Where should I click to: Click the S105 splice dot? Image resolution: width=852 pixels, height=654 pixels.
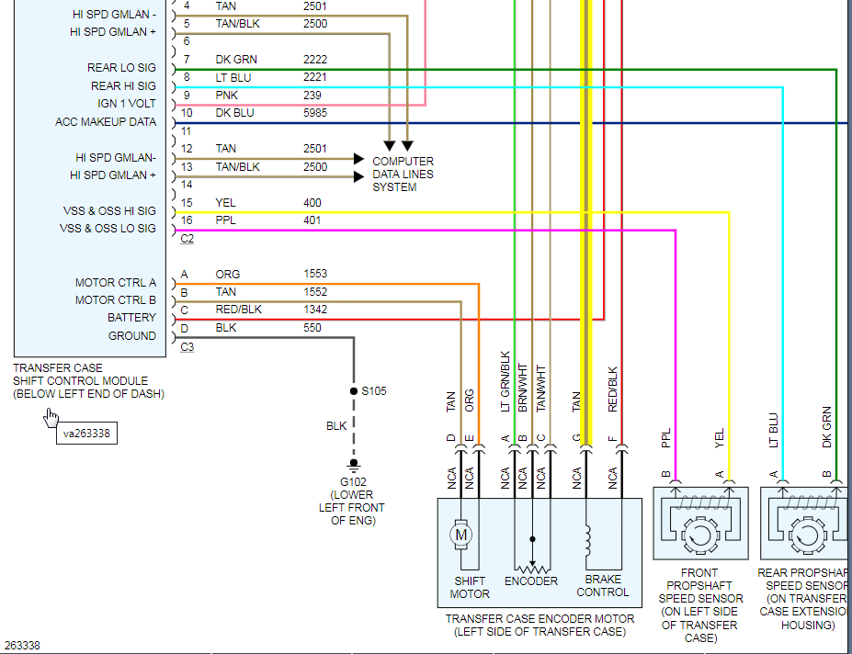point(354,391)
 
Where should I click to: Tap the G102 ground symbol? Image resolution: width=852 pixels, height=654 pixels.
point(354,465)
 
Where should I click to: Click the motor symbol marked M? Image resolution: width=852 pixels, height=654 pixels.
point(460,535)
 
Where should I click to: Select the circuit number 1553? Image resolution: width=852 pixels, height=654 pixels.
point(315,274)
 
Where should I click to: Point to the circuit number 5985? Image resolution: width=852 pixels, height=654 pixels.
point(315,113)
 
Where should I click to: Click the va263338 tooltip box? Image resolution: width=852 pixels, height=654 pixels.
point(87,434)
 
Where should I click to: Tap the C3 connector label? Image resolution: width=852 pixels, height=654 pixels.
point(187,347)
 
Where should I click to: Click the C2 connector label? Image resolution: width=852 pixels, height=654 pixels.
point(187,239)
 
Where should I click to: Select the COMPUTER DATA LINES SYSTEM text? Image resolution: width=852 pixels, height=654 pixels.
point(403,175)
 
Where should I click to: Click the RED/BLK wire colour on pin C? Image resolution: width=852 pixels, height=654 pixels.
point(239,310)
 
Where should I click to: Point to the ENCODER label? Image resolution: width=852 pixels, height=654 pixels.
point(531,581)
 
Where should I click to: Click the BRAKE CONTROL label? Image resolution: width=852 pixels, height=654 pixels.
point(603,586)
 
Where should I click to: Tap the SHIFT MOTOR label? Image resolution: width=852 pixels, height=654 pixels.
point(470,588)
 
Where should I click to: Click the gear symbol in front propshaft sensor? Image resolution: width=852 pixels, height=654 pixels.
point(699,535)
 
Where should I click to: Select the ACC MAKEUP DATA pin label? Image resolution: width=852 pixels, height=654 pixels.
point(106,122)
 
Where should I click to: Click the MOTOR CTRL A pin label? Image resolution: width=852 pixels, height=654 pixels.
point(116,283)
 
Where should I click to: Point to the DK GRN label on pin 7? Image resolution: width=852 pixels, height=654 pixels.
point(236,60)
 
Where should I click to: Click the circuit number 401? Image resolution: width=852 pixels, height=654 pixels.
point(312,220)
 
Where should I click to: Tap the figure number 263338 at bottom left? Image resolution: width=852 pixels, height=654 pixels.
point(22,646)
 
